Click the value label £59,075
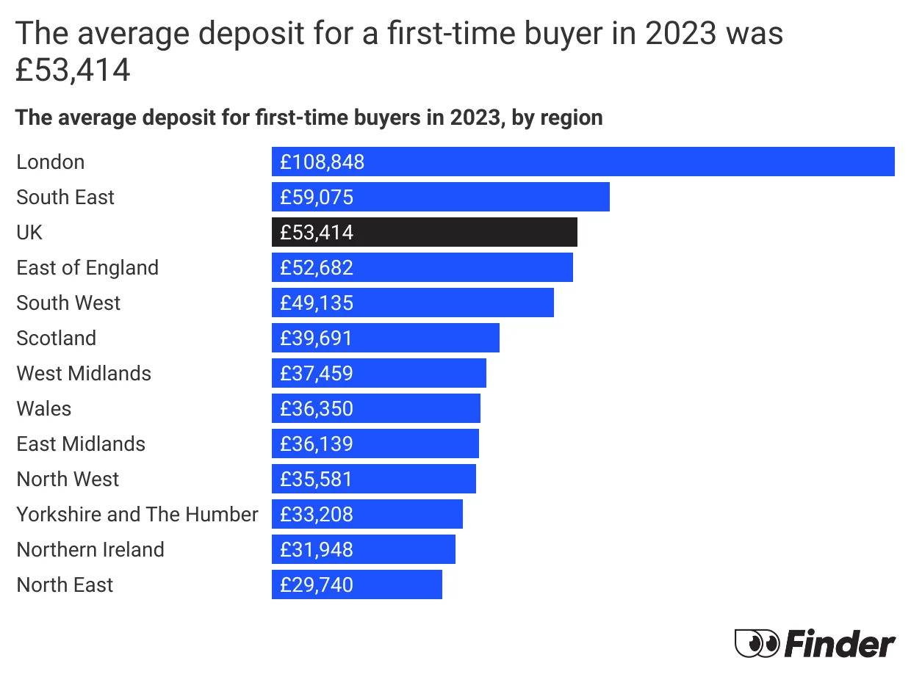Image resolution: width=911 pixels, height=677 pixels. (317, 197)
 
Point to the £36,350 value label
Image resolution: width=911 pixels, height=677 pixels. (317, 408)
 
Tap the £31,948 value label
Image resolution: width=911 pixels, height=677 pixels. (317, 549)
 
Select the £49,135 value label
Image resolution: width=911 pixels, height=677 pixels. (317, 303)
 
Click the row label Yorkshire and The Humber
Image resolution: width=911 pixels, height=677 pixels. (137, 514)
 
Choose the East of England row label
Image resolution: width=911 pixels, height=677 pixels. (87, 267)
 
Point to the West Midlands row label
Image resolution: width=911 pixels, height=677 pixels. (84, 373)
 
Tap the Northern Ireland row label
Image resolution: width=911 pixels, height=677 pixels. (90, 549)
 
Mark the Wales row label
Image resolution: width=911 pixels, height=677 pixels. (44, 408)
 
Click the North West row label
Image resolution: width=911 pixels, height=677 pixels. (68, 479)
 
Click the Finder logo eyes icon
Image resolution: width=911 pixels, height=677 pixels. (757, 644)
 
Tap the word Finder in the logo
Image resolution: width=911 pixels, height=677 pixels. (840, 644)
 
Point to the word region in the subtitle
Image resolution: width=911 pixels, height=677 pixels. (572, 117)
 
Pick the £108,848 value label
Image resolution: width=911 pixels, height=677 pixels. (322, 162)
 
